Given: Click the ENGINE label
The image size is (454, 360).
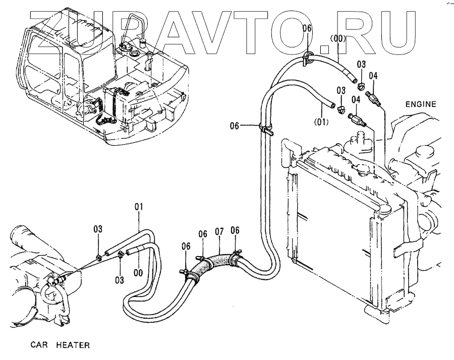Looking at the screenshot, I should point(420,104).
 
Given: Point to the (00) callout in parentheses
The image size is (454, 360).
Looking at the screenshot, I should point(336,38).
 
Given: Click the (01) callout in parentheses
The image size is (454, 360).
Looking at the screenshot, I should point(321,121).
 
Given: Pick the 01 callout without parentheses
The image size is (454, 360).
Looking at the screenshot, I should point(139,206).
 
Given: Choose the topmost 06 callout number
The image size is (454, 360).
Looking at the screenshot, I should point(307,29).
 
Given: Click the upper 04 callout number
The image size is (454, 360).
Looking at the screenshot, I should point(373,76).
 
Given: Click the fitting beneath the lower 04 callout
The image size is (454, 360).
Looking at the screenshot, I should point(356,121).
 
